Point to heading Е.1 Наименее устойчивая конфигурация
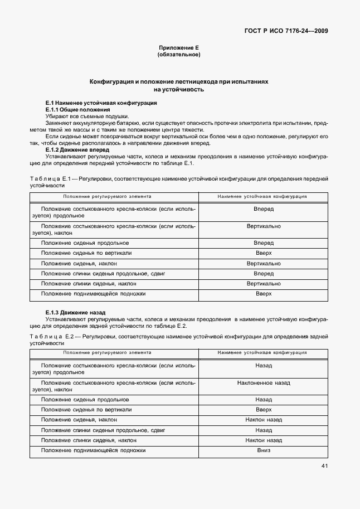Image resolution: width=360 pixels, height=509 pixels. point(101,103)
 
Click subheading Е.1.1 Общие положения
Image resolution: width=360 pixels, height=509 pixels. point(77,110)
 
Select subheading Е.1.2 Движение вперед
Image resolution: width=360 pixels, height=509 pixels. point(77,150)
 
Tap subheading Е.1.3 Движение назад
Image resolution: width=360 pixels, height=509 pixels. point(75,313)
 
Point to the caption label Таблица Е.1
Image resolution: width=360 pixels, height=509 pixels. point(48,178)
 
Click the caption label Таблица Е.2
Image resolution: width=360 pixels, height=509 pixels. point(48,337)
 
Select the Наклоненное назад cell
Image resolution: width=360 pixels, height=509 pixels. point(264,384)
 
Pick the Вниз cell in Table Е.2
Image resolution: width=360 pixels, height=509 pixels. point(264,450)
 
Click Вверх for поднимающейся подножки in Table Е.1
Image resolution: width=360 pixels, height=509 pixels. point(264,293)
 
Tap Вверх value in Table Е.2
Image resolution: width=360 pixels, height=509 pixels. point(264,410)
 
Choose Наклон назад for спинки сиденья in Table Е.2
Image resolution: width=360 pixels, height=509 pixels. point(264,440)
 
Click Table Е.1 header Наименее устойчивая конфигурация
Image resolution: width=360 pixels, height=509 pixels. point(262,196)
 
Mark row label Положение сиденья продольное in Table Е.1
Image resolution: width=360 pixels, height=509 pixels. point(85,243)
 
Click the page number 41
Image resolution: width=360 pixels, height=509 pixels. point(324,466)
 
